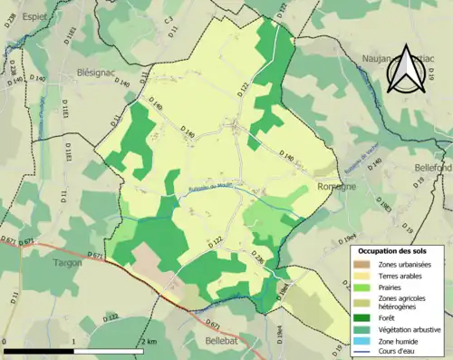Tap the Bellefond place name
[x=432, y=169]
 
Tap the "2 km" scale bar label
[x=149, y=341]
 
